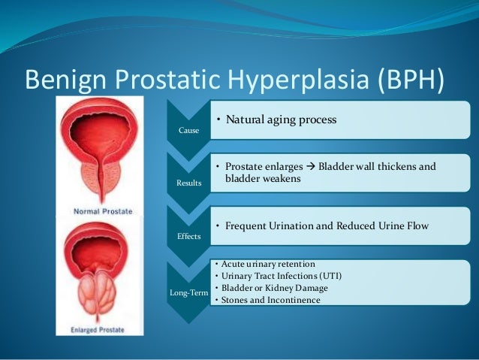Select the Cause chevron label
tap(188, 130)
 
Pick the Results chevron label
tap(188, 183)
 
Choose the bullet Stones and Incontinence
tap(270, 301)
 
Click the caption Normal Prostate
tap(102, 211)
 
